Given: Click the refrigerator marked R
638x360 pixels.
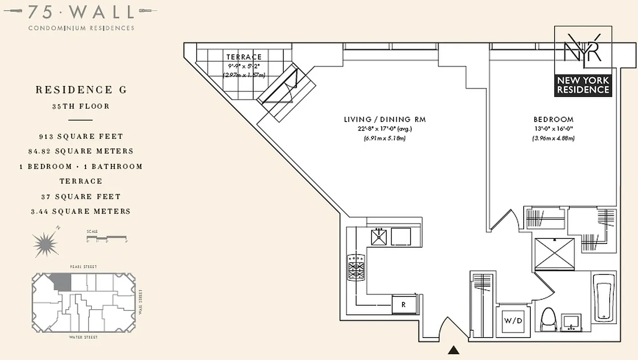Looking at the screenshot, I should (404, 305).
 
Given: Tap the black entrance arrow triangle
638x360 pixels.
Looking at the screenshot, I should (454, 350).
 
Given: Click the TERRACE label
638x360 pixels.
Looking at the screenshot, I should (244, 57).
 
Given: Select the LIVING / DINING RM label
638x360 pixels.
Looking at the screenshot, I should (385, 120).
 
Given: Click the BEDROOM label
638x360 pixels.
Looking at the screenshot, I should (553, 120).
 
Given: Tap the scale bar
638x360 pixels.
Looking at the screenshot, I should (107, 237).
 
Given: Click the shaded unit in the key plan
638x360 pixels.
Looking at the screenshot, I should (62, 282).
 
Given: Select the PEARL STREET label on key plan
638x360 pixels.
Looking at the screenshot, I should (84, 267).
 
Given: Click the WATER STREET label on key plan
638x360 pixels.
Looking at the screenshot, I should (83, 337).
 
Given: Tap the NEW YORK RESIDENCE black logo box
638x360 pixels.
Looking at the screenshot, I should (583, 85).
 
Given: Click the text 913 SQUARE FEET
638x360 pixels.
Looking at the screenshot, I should (81, 136).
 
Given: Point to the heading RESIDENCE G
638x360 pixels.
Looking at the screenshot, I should (81, 90).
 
